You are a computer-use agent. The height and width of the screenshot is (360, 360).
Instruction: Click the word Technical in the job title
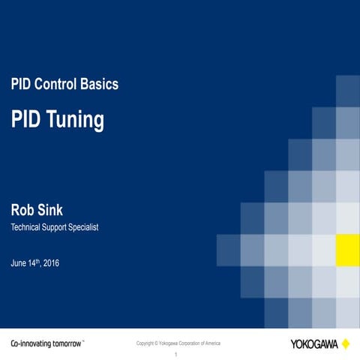click(x=27, y=227)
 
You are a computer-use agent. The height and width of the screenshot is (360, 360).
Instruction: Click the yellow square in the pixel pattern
click(x=347, y=250)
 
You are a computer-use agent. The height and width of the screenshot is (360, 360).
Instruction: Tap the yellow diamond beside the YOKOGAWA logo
click(x=346, y=343)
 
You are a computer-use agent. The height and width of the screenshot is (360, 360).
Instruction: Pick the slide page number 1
click(x=175, y=354)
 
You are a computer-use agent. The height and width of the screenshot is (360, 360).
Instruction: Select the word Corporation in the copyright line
click(x=187, y=343)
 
